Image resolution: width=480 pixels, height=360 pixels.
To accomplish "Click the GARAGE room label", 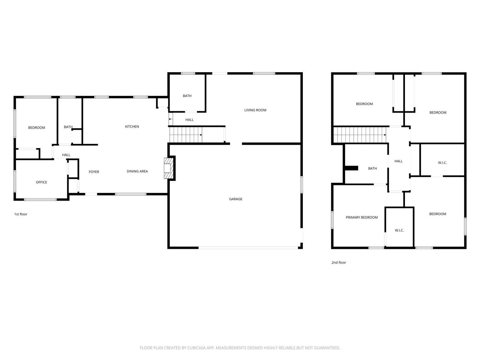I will pos(236,199).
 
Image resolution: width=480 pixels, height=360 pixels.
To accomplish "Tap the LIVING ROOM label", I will pos(255,110).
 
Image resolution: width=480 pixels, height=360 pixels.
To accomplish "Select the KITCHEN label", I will pos(132,127).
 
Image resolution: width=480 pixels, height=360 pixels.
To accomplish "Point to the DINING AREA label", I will pos(137,171).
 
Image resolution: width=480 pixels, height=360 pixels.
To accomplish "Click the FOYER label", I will pos(94,172).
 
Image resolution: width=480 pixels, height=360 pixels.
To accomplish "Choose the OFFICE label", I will pos(41,182).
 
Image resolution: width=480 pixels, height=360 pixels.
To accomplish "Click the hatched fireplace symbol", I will pos(169,168).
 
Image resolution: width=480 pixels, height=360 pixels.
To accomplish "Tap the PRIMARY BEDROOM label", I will pos(362,217).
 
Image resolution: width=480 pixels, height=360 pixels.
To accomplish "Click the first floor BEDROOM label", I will pos(37,127).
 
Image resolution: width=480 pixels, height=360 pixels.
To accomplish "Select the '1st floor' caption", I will pos(21,214).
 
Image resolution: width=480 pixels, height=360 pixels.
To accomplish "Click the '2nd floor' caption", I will pos(338,262).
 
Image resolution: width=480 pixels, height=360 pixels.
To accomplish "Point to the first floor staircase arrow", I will pos(201,135).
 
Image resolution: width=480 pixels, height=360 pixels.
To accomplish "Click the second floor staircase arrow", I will pos(385,135).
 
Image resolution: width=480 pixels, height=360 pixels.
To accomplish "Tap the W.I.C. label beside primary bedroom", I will pos(399,230).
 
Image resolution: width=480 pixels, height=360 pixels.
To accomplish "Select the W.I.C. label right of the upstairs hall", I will pos(442,163).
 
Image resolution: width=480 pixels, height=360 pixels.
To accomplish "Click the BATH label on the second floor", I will pos(372,168).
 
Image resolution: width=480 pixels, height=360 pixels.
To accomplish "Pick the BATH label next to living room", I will pos(187,96).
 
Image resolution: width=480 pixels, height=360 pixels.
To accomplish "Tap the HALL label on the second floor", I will pos(398,161).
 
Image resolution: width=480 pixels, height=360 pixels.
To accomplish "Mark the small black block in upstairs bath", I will pos(351,168).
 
